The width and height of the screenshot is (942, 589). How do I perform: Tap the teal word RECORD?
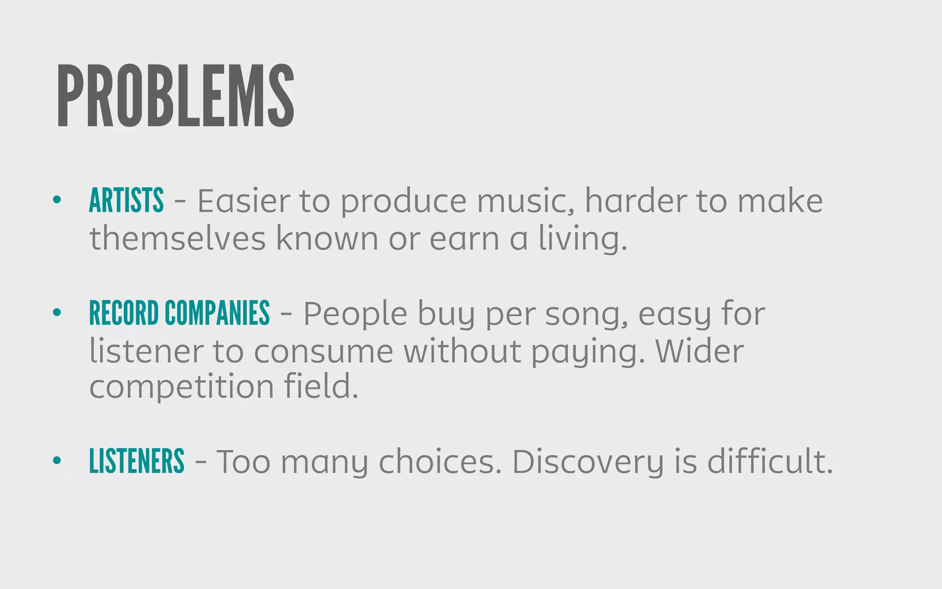point(124,313)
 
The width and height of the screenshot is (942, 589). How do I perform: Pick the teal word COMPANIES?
point(217,313)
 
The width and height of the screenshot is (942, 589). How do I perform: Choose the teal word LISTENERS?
point(137,461)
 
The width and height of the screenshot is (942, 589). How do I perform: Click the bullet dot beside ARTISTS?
point(57,200)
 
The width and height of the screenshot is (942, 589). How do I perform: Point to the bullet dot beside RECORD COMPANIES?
point(57,313)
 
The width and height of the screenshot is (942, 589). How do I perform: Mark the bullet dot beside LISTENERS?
point(57,461)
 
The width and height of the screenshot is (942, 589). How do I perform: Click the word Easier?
point(244,201)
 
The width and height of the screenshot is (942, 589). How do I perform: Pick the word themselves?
point(178,238)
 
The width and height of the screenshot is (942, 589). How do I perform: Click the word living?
point(583,238)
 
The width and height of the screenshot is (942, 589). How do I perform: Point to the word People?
point(355,314)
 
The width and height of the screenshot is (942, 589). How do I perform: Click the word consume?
point(323,352)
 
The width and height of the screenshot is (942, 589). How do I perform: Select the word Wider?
point(699,352)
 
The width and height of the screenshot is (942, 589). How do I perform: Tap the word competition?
point(182,387)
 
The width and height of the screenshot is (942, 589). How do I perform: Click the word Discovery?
point(588,462)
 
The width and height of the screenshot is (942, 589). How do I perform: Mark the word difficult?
point(770,462)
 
